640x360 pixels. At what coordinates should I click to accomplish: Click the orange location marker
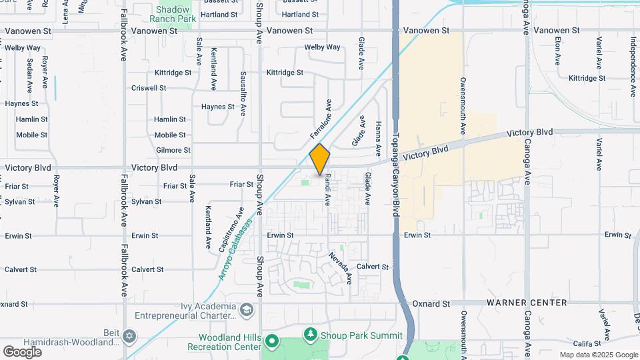(320, 159)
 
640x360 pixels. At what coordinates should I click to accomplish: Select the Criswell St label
(149, 88)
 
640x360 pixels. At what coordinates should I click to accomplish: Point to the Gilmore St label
(173, 151)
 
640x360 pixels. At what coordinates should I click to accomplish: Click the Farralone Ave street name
(321, 119)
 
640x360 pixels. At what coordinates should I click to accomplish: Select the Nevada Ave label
(340, 267)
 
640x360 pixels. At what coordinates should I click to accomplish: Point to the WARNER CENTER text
(527, 303)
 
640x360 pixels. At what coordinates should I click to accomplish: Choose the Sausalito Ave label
(244, 93)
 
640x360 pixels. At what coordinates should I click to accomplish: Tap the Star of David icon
(130, 335)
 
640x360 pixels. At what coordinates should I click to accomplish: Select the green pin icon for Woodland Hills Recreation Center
(272, 342)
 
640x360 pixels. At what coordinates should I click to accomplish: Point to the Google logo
(22, 351)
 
